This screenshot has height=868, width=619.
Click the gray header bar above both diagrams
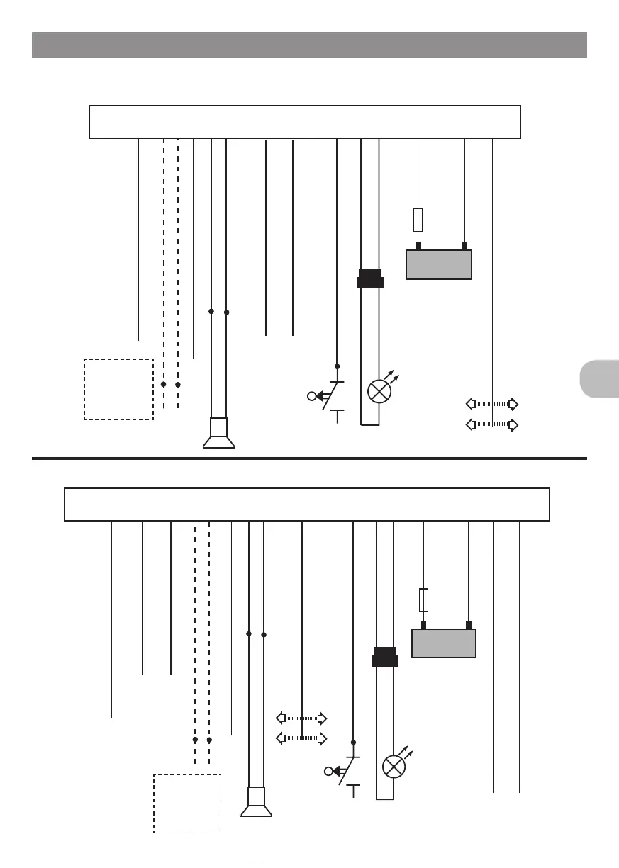click(x=309, y=45)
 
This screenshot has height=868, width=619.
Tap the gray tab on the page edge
click(x=599, y=378)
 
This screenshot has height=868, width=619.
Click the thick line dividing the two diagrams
click(x=309, y=458)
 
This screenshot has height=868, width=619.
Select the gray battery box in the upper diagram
click(x=438, y=264)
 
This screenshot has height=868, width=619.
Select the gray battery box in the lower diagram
click(x=443, y=643)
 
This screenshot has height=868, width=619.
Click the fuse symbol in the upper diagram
click(x=418, y=220)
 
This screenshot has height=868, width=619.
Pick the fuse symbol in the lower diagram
click(x=423, y=599)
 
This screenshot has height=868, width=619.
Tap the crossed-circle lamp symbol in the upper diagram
click(x=379, y=391)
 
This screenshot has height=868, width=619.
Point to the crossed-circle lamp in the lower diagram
click(x=394, y=767)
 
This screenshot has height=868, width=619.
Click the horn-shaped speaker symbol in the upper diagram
click(x=218, y=434)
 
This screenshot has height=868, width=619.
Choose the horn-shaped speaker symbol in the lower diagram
click(x=256, y=802)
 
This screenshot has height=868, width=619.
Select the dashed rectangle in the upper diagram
click(x=118, y=389)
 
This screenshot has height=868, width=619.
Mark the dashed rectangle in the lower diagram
click(x=187, y=803)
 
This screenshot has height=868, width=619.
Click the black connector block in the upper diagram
click(x=370, y=278)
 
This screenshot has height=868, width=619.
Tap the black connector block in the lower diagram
click(x=385, y=657)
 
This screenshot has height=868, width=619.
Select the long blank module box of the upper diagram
click(x=304, y=122)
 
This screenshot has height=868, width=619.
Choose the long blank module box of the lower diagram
click(x=307, y=504)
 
